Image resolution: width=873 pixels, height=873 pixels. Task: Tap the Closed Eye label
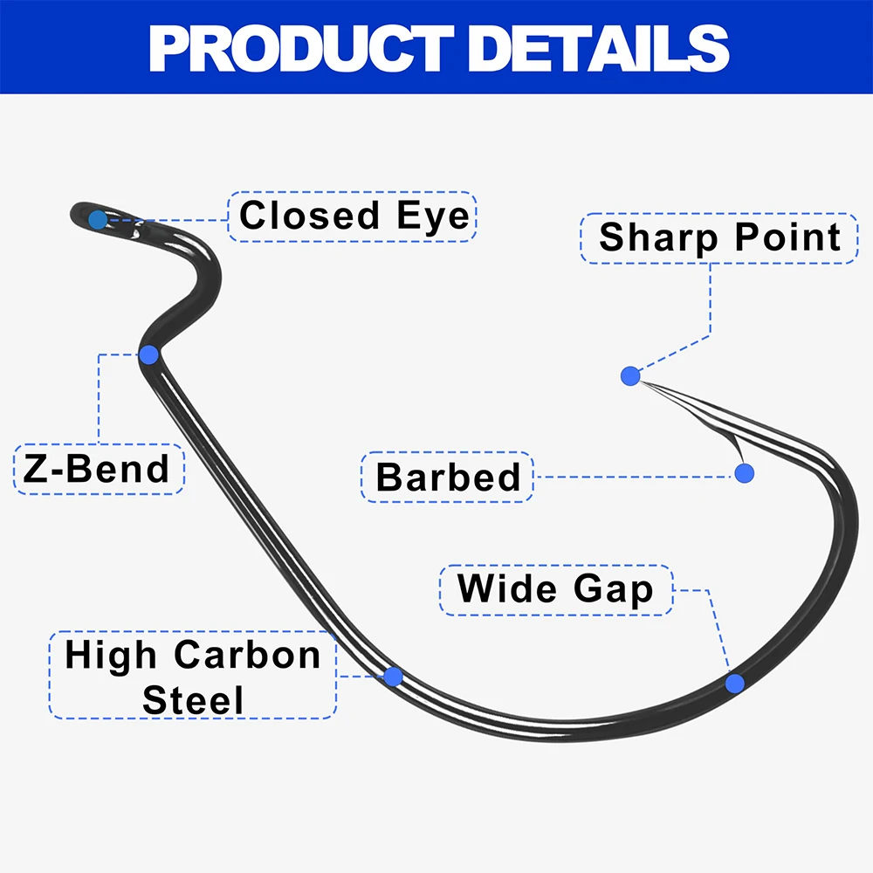coord(354,216)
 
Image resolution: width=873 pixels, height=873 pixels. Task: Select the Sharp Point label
coord(719,237)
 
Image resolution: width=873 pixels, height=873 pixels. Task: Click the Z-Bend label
coord(99,469)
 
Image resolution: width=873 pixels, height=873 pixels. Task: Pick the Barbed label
coord(447,477)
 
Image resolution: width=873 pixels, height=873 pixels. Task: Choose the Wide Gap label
coord(555,589)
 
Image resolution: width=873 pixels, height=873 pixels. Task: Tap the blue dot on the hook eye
coord(98,219)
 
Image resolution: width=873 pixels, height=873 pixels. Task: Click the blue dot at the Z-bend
coord(148,354)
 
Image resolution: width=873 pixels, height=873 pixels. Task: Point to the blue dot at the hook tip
coord(630,376)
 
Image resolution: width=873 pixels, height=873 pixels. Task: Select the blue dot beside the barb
coord(744,473)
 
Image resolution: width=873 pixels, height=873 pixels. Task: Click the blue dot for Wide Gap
coord(735,683)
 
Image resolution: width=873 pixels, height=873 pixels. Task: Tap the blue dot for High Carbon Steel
coord(393,677)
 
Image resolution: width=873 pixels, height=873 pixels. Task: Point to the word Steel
coord(193,700)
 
